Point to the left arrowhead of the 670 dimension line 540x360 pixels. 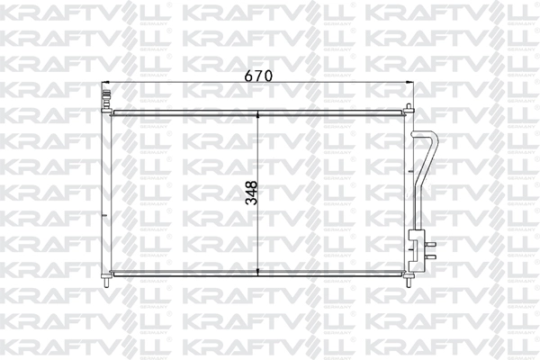tap(104, 85)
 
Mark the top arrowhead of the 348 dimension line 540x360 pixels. tap(259, 115)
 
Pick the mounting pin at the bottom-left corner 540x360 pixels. tap(107, 283)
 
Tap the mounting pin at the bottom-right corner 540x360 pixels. tap(410, 283)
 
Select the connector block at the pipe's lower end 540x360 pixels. tap(415, 247)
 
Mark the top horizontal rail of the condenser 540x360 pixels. tap(258, 112)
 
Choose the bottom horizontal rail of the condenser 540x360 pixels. tap(258, 274)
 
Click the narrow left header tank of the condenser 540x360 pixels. tap(107, 193)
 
